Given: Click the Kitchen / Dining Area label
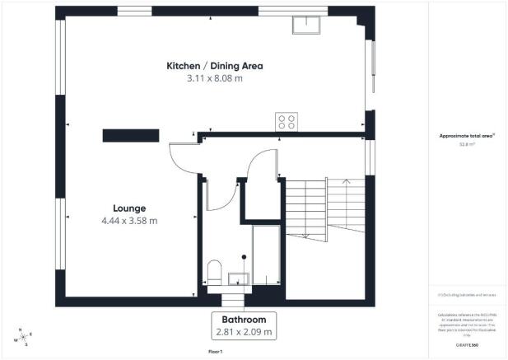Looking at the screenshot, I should click(x=214, y=66).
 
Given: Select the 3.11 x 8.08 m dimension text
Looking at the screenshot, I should click(x=214, y=79).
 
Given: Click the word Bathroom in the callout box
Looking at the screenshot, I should click(x=242, y=320).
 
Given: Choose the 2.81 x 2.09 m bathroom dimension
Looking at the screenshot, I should click(x=242, y=332).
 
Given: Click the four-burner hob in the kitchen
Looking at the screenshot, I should click(x=287, y=121).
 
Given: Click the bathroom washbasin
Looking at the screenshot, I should click(x=240, y=278).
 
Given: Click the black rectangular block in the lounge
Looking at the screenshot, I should click(x=131, y=135).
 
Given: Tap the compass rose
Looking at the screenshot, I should click(x=23, y=339).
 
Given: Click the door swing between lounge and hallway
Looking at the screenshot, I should click(x=183, y=156).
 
